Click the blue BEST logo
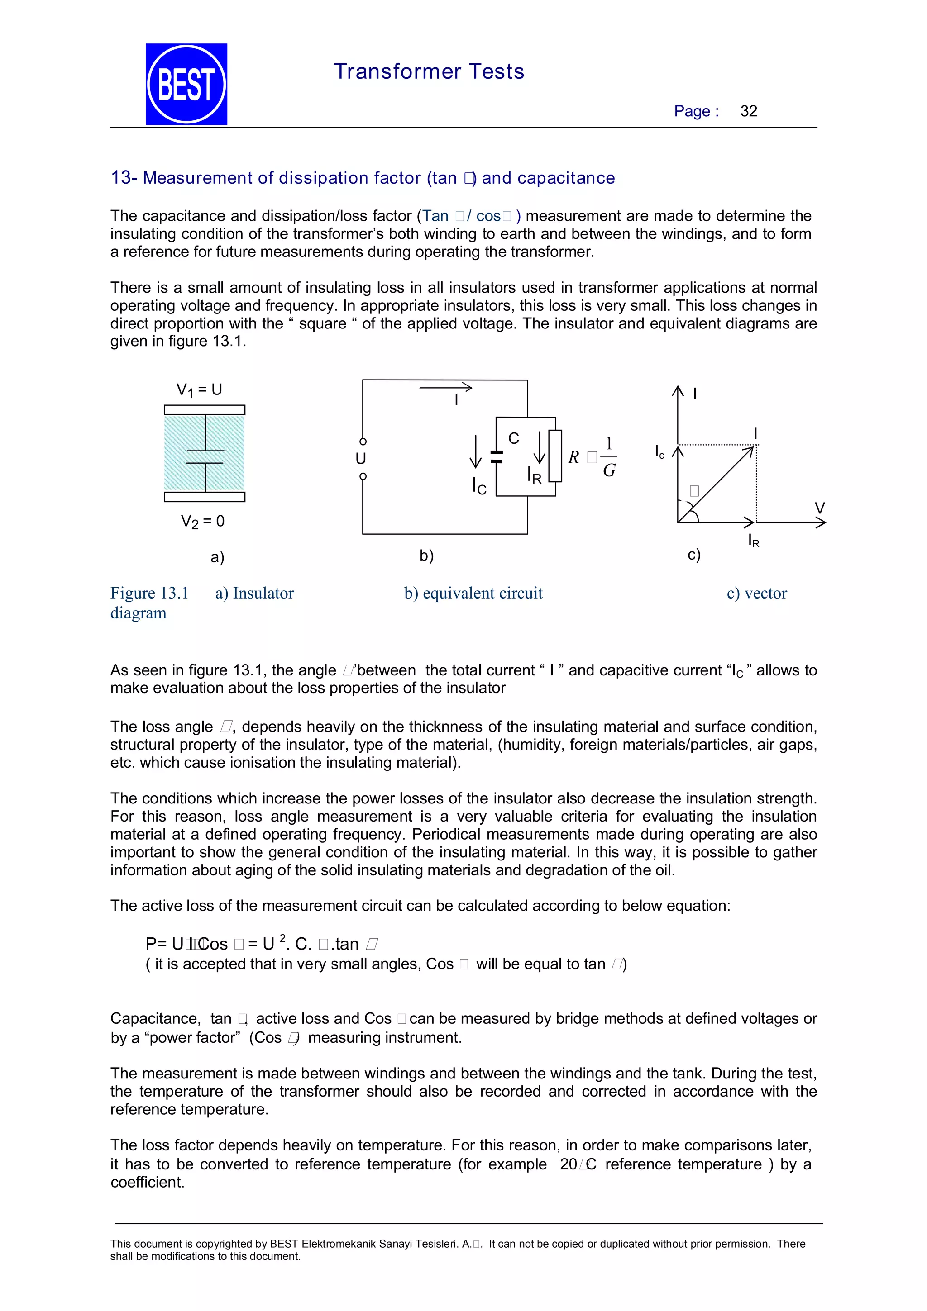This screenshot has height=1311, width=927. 186,84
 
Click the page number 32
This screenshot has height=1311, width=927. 748,111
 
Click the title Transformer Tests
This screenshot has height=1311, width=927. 429,71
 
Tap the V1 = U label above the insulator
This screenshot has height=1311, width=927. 199,390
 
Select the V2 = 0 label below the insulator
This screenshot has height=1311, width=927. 202,521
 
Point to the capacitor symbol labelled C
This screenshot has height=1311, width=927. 497,456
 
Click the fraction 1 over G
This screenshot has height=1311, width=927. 609,457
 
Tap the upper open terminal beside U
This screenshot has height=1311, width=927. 363,442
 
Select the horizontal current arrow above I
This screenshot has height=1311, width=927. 445,388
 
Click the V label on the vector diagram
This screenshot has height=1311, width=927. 820,508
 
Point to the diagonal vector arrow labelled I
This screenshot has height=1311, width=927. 717,484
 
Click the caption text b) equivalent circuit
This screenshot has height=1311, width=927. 473,593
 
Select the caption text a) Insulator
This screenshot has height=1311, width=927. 254,593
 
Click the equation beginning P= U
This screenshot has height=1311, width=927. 262,944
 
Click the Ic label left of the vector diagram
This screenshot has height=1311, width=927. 659,451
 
